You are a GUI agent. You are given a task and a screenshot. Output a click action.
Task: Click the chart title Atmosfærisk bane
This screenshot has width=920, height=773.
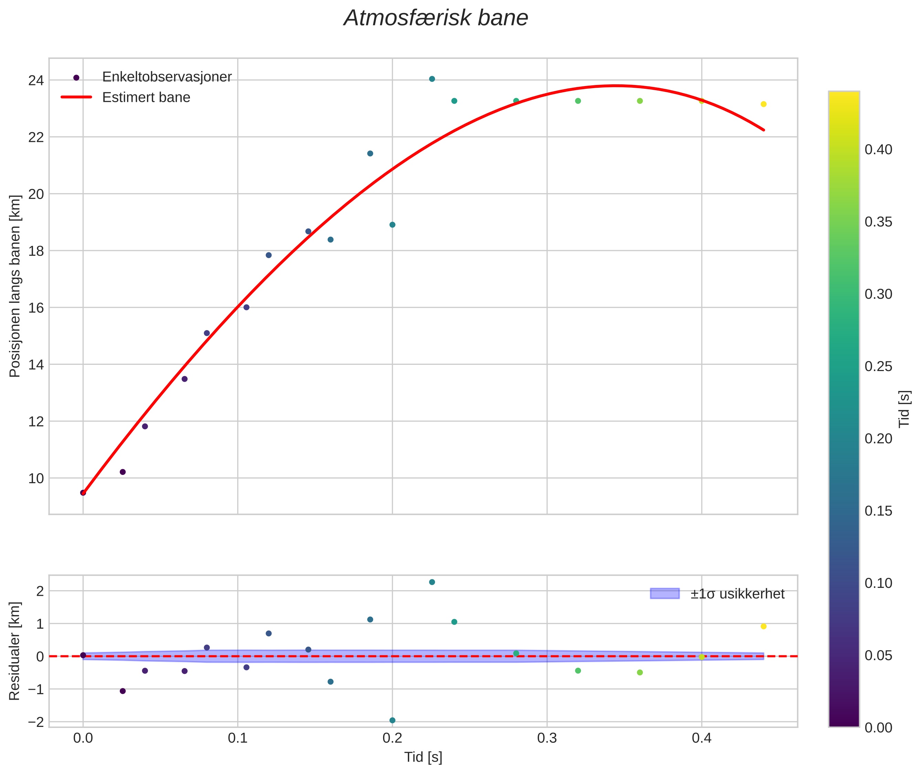coord(436,18)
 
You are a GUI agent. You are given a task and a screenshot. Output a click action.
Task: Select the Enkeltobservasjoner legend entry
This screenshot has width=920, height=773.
coord(167,77)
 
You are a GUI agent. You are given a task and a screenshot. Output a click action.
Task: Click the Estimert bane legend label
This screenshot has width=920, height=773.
coord(146,97)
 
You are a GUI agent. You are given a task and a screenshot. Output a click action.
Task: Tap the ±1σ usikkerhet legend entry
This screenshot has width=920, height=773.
coord(737,594)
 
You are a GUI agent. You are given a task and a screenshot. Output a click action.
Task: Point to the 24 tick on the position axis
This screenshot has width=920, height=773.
coord(36,81)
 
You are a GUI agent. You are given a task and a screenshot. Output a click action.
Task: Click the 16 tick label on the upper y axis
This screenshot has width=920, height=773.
coord(36,308)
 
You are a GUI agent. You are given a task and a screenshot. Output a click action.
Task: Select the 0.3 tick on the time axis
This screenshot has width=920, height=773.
coord(547,738)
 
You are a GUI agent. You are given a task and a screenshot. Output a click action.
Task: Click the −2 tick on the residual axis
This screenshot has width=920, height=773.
coord(36,722)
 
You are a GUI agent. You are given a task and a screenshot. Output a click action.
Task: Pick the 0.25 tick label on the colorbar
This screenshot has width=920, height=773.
coord(878,366)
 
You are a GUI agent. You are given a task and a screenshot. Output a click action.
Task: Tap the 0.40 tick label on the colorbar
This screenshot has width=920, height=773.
coord(878,150)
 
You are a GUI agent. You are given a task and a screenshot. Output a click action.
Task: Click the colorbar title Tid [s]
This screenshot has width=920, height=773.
coord(904,409)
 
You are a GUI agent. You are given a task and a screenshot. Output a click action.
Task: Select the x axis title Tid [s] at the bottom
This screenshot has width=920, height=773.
coord(423,757)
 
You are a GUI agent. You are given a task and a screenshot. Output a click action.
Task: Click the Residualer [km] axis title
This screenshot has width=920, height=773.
coord(14,651)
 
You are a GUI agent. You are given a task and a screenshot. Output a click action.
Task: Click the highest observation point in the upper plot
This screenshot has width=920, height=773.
coord(432,79)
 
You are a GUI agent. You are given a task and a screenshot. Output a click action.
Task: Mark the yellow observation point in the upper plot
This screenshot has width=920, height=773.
coord(763,104)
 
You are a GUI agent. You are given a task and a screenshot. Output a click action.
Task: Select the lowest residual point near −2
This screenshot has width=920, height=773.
coord(392,720)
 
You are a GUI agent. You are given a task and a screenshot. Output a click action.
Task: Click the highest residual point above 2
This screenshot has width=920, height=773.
coord(432,582)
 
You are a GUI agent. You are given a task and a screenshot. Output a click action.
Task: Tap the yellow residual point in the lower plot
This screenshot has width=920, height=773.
coord(763,626)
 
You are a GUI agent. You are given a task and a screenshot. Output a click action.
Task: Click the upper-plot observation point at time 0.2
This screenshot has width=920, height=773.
coord(392,225)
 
